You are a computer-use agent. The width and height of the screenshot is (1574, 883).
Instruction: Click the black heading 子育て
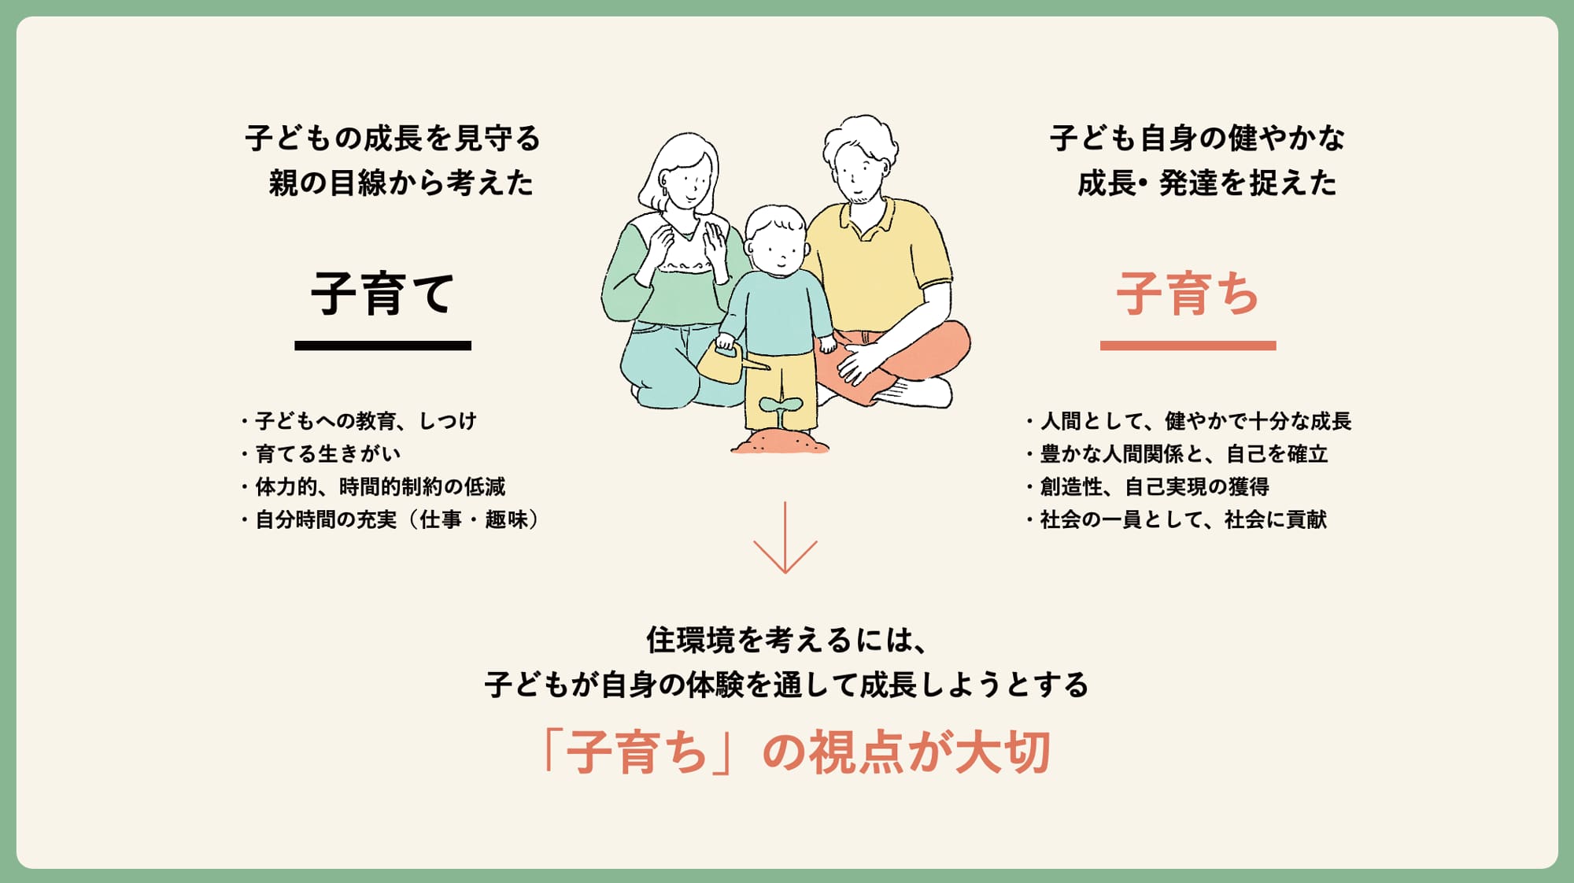(x=382, y=294)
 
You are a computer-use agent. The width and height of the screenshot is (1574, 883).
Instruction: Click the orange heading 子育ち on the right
(x=1188, y=294)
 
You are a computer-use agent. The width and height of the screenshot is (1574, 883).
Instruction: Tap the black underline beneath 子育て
(x=382, y=345)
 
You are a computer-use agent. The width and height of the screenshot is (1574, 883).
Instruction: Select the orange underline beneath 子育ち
(x=1188, y=345)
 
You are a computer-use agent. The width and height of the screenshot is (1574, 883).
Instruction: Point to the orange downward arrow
(x=785, y=538)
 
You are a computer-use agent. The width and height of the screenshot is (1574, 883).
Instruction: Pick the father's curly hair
(x=860, y=142)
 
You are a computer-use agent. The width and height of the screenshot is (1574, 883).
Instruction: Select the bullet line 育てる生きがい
(x=321, y=454)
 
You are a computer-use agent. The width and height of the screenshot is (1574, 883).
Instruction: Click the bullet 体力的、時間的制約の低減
(x=374, y=487)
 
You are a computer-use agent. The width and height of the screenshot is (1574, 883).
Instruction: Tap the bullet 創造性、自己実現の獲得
(x=1148, y=487)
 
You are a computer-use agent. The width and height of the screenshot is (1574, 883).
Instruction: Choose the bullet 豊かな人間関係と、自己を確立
(x=1177, y=454)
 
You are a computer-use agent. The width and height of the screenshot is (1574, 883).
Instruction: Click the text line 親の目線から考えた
(x=401, y=183)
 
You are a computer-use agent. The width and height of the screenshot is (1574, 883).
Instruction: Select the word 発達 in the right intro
(x=1188, y=183)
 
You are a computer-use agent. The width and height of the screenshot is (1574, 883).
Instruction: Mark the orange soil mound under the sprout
(x=780, y=441)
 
